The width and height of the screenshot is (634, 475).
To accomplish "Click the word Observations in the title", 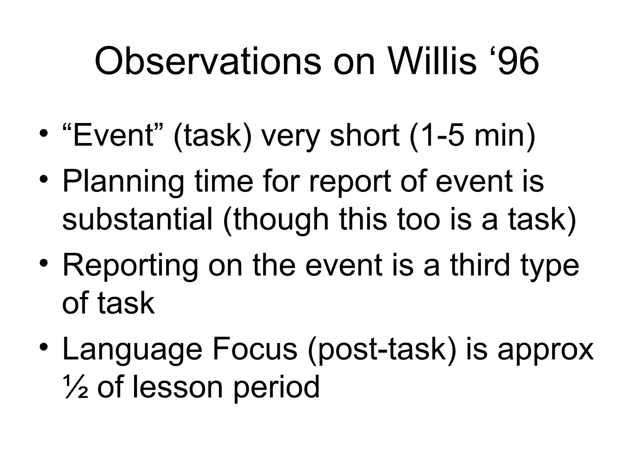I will coord(208,61).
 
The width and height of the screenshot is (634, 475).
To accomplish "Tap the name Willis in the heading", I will coord(432,61).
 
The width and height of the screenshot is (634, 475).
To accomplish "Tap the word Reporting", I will coord(130,265).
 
